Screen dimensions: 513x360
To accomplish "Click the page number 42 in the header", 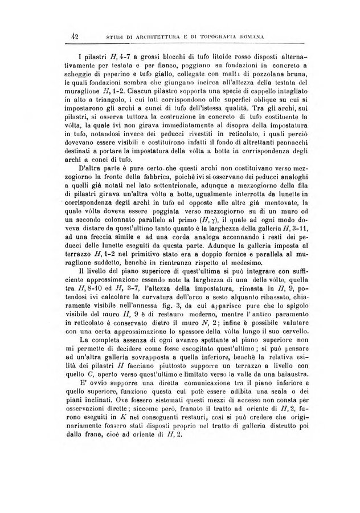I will click(x=74, y=38).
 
